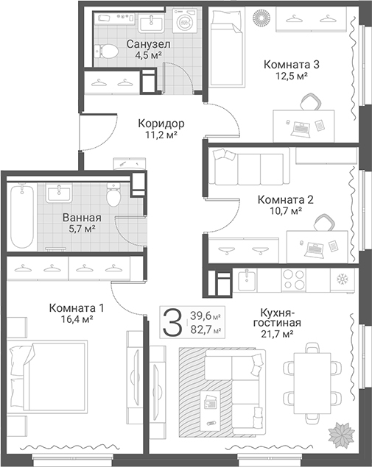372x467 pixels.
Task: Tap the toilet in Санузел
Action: click(x=106, y=51)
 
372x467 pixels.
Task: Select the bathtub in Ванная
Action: click(x=21, y=216)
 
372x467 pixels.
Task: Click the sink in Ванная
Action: click(x=58, y=193)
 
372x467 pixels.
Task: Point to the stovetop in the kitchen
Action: click(x=294, y=279)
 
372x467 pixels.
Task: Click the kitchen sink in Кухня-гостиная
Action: click(x=247, y=279)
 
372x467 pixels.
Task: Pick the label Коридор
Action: click(x=161, y=123)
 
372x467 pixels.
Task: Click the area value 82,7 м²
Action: click(x=206, y=330)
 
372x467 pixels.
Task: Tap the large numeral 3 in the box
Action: click(x=172, y=321)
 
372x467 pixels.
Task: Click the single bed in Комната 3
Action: click(x=228, y=48)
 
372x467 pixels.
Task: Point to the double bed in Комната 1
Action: click(x=48, y=377)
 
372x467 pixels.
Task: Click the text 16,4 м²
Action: click(x=77, y=319)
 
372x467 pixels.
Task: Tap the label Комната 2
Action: click(x=286, y=199)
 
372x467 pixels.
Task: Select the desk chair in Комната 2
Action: click(x=324, y=222)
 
